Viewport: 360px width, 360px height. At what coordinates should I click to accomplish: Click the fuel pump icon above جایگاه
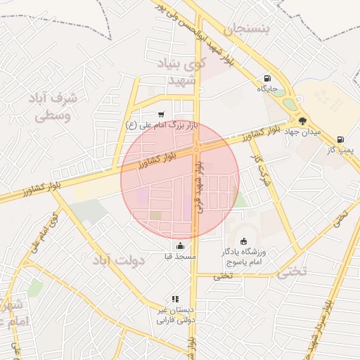266,78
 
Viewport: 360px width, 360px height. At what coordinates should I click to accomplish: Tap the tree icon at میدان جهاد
302,121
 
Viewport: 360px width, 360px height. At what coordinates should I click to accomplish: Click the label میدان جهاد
307,131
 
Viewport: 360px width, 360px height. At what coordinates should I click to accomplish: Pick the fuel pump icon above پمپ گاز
341,139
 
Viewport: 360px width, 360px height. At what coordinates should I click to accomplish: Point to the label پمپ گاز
341,149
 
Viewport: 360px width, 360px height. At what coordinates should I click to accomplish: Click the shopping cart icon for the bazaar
162,114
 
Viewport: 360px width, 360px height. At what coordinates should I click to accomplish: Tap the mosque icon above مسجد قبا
181,246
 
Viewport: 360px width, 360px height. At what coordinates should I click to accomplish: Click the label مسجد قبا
181,257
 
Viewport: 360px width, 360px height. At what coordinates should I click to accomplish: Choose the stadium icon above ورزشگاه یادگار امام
243,241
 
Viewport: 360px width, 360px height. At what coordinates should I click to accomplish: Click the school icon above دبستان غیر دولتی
174,299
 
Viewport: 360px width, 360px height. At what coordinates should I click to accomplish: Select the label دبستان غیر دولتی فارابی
174,315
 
